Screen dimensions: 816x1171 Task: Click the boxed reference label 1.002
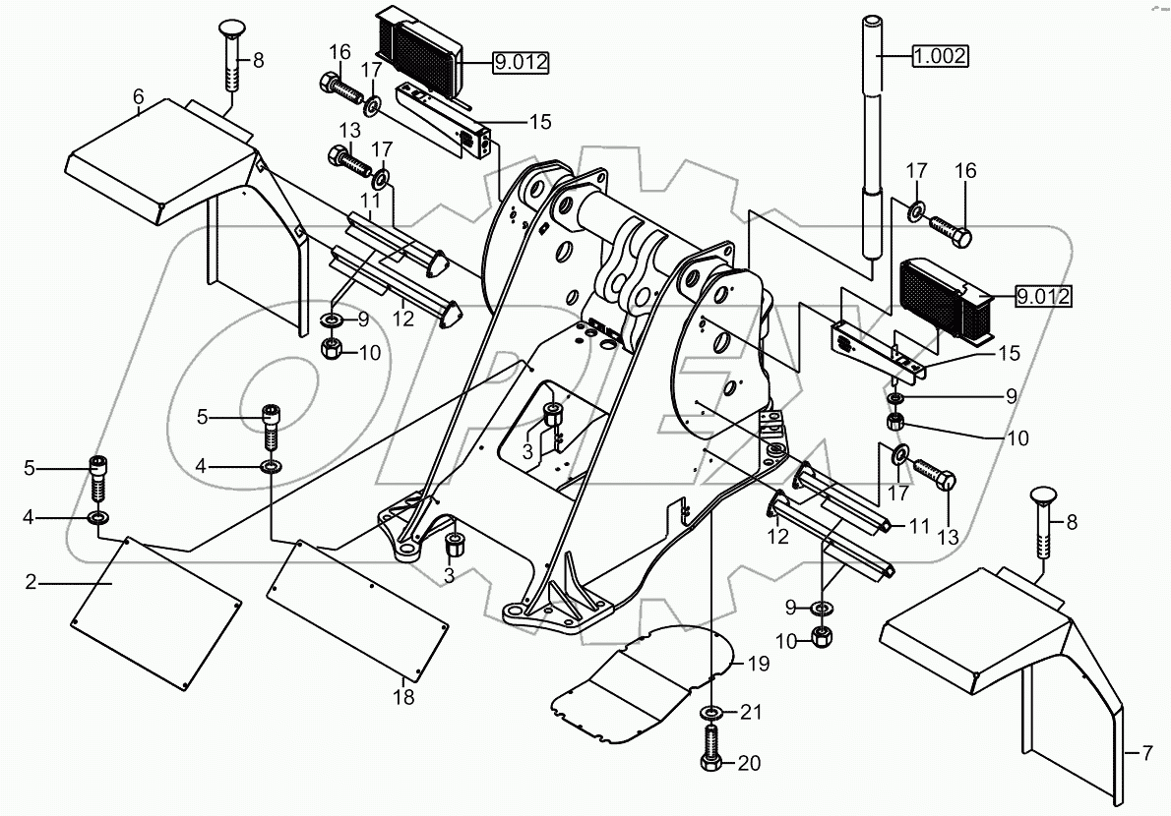point(939,56)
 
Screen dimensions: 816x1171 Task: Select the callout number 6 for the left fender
point(139,96)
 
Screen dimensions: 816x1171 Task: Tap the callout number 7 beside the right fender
point(1147,755)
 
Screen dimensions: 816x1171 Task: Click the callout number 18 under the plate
point(403,698)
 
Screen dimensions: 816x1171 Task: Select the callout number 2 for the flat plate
point(31,582)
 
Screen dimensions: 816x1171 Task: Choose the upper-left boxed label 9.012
point(521,63)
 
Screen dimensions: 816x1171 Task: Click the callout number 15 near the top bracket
point(539,122)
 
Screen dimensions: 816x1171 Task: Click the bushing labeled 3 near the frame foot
point(457,546)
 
